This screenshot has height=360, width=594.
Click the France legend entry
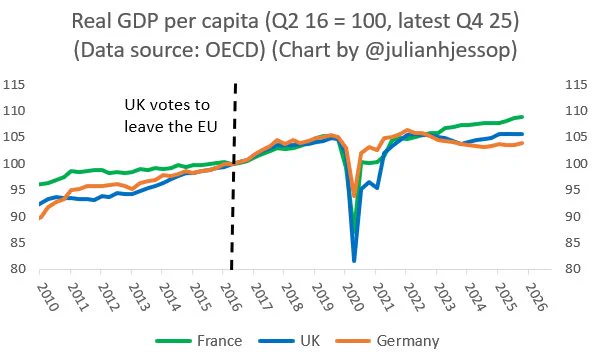click(x=199, y=341)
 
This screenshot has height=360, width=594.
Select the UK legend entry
click(x=289, y=341)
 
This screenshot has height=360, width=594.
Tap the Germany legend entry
click(x=387, y=341)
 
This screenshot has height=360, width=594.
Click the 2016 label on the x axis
click(x=231, y=297)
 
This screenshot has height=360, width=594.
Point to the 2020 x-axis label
click(x=353, y=297)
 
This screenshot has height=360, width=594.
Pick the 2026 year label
click(x=536, y=297)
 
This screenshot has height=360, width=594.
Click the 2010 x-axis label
click(x=47, y=297)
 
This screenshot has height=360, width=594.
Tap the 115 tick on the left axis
click(x=14, y=85)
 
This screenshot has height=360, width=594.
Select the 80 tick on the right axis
click(x=573, y=269)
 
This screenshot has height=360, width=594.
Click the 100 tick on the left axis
click(x=14, y=164)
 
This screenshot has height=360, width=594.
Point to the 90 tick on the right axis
click(x=573, y=216)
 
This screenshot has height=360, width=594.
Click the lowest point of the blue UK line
click(x=354, y=261)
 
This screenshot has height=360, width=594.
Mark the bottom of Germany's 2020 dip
click(x=354, y=196)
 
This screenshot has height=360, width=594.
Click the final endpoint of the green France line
click(x=522, y=117)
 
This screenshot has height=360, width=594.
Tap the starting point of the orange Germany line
click(x=40, y=218)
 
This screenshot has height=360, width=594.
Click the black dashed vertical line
click(x=233, y=176)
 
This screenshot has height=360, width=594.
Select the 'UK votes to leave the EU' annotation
click(x=171, y=116)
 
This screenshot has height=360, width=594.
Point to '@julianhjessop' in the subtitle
click(x=438, y=51)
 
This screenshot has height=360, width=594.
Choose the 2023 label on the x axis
click(x=444, y=297)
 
